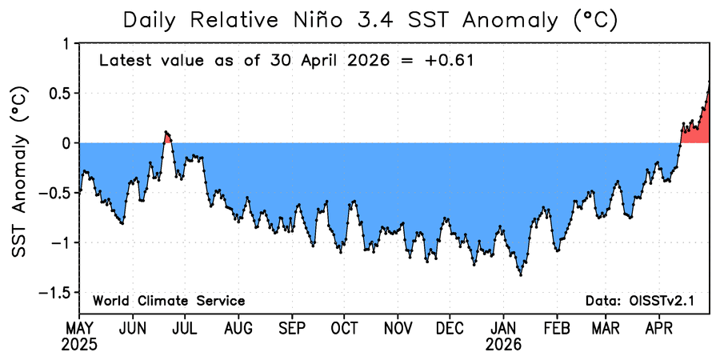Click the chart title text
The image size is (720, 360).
pos(370,20)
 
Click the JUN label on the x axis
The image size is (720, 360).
pos(133,330)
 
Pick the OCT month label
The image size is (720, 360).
pos(345,330)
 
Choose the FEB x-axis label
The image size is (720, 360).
pos(557,330)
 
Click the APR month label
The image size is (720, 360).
pos(659,330)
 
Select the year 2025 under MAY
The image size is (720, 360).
pos(80,344)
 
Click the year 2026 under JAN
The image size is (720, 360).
pos(504,344)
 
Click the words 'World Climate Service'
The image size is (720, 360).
pos(169,302)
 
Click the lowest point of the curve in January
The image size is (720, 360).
pos(521,274)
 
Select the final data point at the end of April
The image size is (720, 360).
pos(709,82)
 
